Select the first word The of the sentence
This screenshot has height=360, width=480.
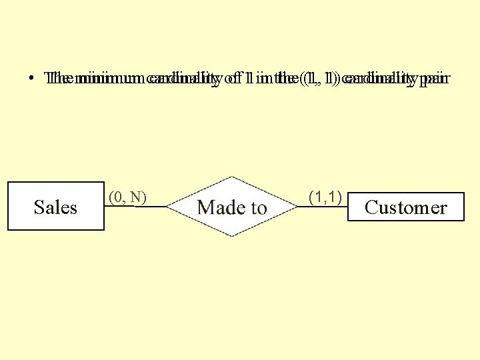pyautogui.click(x=60, y=79)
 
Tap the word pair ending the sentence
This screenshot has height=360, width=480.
pyautogui.click(x=435, y=79)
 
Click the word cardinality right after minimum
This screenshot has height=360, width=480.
pyautogui.click(x=182, y=79)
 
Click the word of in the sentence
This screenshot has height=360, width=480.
pyautogui.click(x=232, y=79)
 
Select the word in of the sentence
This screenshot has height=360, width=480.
pyautogui.click(x=261, y=79)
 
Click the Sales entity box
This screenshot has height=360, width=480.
pyautogui.click(x=55, y=206)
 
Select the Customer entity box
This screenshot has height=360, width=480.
pyautogui.click(x=405, y=207)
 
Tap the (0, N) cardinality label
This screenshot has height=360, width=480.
pyautogui.click(x=127, y=197)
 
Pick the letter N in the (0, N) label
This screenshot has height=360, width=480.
pyautogui.click(x=136, y=197)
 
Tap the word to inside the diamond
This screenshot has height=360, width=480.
pyautogui.click(x=257, y=207)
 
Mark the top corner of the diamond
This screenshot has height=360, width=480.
pyautogui.click(x=231, y=177)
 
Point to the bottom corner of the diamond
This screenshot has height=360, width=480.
pyautogui.click(x=231, y=237)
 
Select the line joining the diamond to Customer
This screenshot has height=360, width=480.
pyautogui.click(x=323, y=207)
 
